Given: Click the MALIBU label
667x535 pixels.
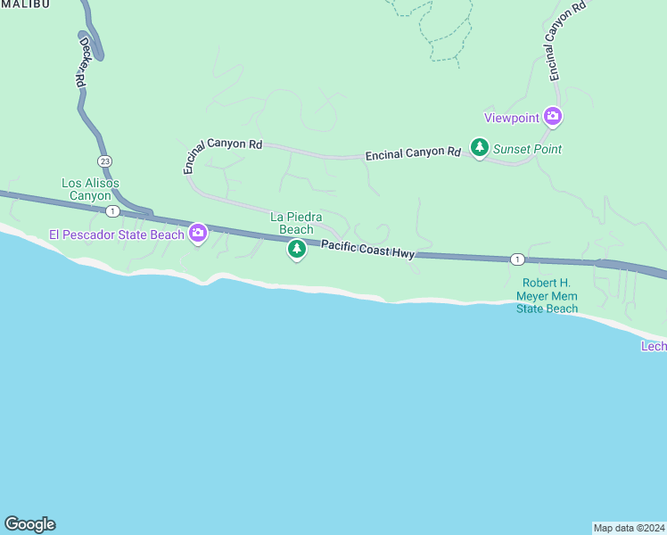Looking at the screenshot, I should pyautogui.click(x=25, y=4).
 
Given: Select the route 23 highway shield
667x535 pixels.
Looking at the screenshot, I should pyautogui.click(x=105, y=160).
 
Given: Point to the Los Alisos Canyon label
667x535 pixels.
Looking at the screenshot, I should pyautogui.click(x=90, y=189).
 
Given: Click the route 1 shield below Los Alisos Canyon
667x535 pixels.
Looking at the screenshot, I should pyautogui.click(x=112, y=211).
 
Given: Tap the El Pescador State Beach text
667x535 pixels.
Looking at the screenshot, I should pyautogui.click(x=116, y=235).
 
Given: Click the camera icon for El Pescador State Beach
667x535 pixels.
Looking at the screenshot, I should pyautogui.click(x=198, y=235).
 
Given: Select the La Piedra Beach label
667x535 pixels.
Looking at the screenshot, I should pyautogui.click(x=297, y=223).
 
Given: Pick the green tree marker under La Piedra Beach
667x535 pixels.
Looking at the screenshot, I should pyautogui.click(x=297, y=251).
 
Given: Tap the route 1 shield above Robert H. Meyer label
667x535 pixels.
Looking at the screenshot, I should pyautogui.click(x=517, y=259).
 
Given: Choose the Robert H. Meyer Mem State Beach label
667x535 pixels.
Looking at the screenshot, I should pyautogui.click(x=548, y=297).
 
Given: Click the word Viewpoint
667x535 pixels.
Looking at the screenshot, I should pyautogui.click(x=512, y=117).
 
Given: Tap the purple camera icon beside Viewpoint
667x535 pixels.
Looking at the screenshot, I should pyautogui.click(x=554, y=116).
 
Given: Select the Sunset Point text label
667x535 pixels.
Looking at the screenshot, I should pyautogui.click(x=528, y=149).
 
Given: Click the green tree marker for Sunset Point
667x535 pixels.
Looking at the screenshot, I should pyautogui.click(x=480, y=148).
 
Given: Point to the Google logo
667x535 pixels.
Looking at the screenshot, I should pyautogui.click(x=29, y=524).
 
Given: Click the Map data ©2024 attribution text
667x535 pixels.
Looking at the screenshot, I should pyautogui.click(x=630, y=527).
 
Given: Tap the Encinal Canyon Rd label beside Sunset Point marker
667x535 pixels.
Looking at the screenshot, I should pyautogui.click(x=413, y=154).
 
